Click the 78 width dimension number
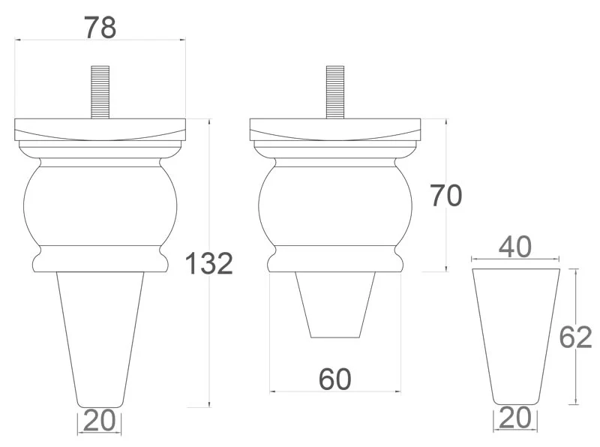[100, 28]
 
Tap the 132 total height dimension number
[209, 263]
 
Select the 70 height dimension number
[446, 196]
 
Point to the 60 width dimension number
[334, 379]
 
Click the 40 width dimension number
[515, 247]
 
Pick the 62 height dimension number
[575, 337]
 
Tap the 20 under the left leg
[99, 420]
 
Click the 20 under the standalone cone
[515, 418]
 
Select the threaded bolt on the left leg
[100, 92]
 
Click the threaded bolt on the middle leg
[335, 92]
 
